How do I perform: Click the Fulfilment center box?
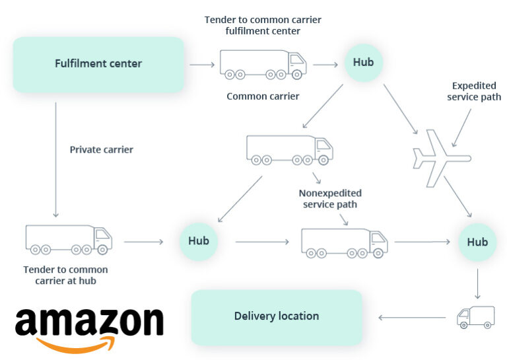click(98, 64)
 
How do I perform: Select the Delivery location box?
click(277, 316)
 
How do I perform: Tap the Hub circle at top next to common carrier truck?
click(363, 63)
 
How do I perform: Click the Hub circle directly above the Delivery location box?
click(198, 241)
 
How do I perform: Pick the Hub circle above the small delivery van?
click(477, 242)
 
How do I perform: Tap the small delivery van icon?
click(475, 317)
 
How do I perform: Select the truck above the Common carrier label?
click(263, 65)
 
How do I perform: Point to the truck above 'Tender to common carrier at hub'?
click(69, 239)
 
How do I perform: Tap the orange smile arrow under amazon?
click(77, 344)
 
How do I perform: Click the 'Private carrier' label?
click(101, 150)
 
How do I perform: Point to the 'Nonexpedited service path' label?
click(330, 199)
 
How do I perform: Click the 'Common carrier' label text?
click(263, 96)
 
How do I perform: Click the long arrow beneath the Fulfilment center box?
click(55, 159)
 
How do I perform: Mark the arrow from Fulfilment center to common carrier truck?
click(202, 65)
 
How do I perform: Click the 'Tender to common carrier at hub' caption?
click(65, 275)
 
